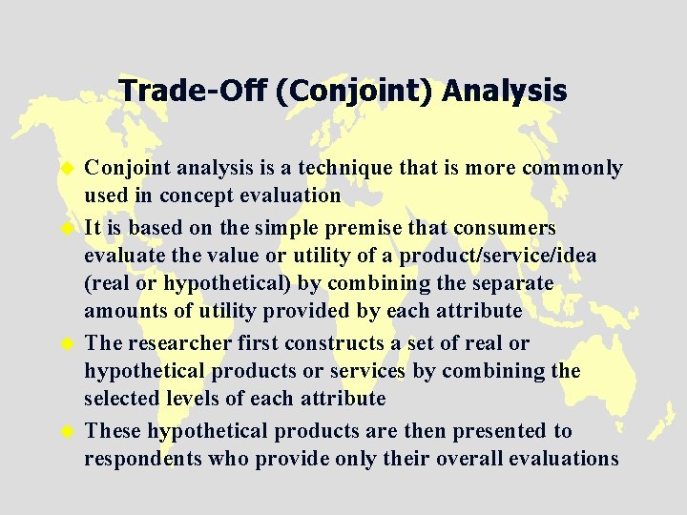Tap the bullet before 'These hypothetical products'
[68, 432]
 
